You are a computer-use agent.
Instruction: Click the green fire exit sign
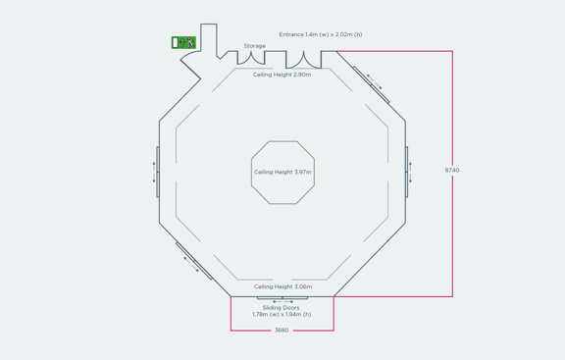[184, 42]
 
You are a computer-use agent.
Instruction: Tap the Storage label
[254, 46]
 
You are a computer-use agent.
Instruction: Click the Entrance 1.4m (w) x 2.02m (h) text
[320, 34]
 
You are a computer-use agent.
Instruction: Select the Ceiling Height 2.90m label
[282, 75]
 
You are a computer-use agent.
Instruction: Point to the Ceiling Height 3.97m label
[282, 172]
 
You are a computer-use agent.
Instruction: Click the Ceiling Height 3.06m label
[282, 286]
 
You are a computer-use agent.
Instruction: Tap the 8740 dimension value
[451, 171]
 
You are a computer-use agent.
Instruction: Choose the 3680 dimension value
[282, 331]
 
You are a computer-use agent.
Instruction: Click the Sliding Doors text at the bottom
[282, 308]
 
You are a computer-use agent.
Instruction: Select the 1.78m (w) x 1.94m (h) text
[282, 315]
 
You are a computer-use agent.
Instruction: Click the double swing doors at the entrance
[304, 60]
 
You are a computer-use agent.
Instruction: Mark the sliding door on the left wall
[157, 172]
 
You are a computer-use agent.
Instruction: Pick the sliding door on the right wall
[407, 171]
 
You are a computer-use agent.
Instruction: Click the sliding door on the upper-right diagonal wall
[371, 84]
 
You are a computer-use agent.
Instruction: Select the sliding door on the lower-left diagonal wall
[193, 259]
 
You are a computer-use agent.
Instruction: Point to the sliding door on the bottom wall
[282, 297]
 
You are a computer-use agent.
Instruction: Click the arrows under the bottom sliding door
[282, 302]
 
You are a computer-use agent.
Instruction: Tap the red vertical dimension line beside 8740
[452, 118]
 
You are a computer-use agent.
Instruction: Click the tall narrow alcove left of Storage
[209, 37]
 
